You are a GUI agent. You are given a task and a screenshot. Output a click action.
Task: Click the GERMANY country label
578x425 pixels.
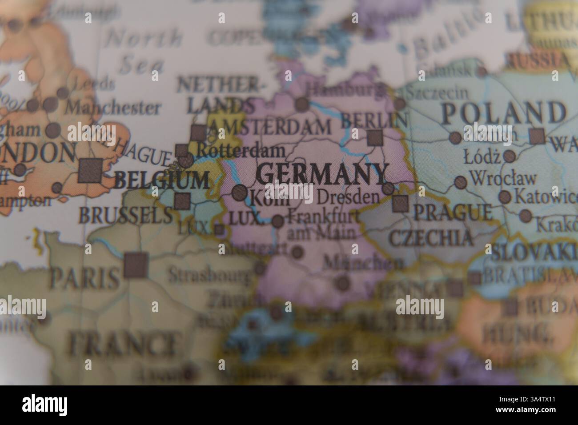[321, 174]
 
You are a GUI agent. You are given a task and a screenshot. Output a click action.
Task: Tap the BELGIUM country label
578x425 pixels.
[161, 180]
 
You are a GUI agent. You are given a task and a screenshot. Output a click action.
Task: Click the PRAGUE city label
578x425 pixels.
[453, 212]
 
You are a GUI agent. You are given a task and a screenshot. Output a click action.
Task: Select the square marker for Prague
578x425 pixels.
[400, 203]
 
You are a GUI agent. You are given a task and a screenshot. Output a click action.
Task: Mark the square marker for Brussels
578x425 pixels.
[182, 201]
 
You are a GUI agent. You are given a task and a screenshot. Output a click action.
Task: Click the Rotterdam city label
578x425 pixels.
[240, 151]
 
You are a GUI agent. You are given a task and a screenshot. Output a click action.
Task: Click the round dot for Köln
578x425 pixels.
[240, 192]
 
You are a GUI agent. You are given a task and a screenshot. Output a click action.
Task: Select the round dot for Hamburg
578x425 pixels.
[302, 104]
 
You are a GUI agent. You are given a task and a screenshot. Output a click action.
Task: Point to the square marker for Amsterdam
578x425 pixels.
[198, 132]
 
